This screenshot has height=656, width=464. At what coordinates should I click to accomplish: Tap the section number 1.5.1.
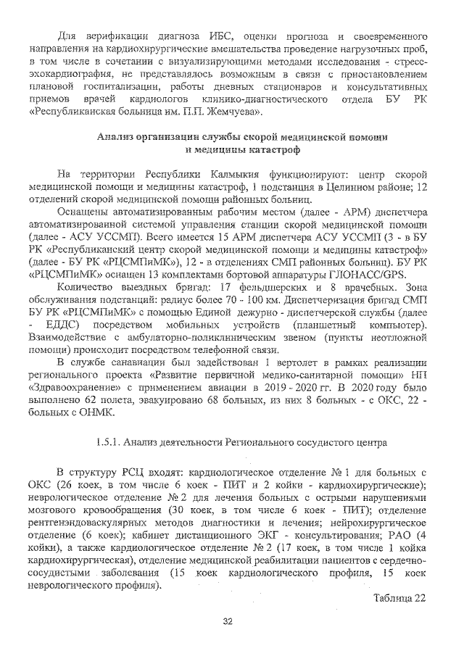coord(109,441)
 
